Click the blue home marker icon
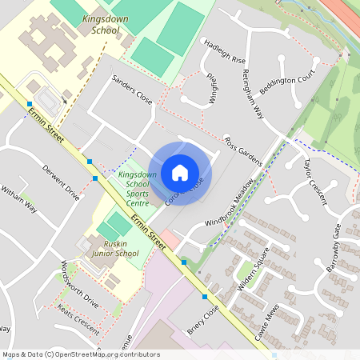180,173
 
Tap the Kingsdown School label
101,23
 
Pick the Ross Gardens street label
243,151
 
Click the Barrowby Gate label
334,248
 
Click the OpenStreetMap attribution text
81,354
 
